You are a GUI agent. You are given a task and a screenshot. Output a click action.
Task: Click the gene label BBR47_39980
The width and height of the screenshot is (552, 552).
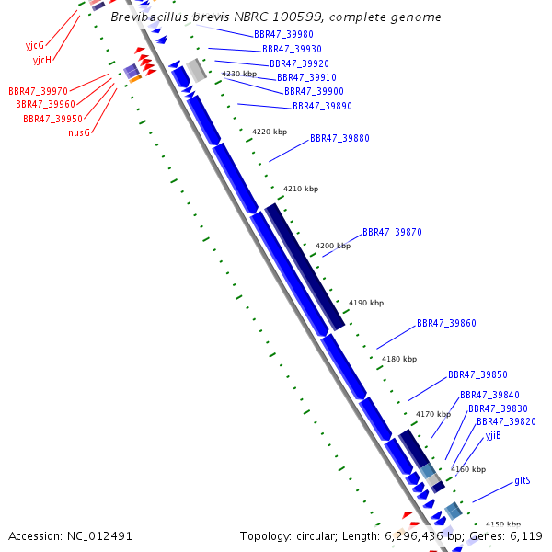(283, 34)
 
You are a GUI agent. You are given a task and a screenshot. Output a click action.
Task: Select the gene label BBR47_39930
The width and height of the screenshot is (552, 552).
(292, 49)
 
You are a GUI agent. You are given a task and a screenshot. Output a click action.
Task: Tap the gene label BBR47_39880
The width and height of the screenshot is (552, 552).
(339, 138)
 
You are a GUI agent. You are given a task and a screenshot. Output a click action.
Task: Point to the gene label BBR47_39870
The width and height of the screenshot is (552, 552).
(392, 233)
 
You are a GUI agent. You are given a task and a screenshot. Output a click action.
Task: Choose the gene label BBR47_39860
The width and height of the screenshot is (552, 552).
(446, 324)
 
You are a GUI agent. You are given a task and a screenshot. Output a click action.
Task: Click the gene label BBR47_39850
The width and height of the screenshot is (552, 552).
(477, 375)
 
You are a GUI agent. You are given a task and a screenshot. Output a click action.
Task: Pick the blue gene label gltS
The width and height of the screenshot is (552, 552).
(522, 481)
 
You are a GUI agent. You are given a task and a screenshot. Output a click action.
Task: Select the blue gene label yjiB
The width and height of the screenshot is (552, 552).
(493, 435)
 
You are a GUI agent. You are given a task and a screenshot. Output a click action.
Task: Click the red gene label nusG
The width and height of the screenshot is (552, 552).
(79, 132)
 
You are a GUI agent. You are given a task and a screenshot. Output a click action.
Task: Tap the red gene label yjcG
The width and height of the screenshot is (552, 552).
(34, 45)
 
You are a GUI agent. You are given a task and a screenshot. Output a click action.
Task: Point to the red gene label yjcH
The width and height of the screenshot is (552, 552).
(41, 60)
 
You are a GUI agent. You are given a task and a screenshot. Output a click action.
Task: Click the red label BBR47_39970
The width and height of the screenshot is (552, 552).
(38, 91)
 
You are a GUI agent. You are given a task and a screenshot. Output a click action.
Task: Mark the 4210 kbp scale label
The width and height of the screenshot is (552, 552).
(300, 189)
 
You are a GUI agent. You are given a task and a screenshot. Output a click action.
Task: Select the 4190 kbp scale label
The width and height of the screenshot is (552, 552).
(366, 303)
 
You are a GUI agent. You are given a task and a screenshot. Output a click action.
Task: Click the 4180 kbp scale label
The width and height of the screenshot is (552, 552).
(399, 359)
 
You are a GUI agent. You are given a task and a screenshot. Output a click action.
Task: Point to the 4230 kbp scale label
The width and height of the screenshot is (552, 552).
(239, 74)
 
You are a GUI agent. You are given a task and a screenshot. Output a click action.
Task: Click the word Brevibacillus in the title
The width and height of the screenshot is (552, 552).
(147, 17)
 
